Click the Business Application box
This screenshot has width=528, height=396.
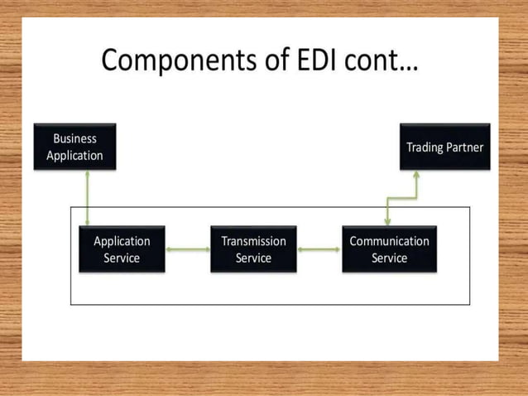click(74, 147)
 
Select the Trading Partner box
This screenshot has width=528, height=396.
click(444, 147)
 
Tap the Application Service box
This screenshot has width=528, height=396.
click(122, 249)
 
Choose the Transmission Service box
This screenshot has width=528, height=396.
click(253, 249)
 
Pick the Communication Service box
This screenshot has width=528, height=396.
click(389, 249)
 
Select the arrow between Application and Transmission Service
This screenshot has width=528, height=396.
click(188, 249)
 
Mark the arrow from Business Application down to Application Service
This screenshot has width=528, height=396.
click(86, 197)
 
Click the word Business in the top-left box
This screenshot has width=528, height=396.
click(74, 138)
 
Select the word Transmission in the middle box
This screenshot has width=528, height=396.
click(253, 241)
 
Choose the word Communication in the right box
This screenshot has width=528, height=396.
click(389, 241)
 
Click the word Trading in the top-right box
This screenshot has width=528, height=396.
click(425, 147)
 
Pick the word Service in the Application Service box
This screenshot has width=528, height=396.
click(122, 258)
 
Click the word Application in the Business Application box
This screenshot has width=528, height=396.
click(74, 155)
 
